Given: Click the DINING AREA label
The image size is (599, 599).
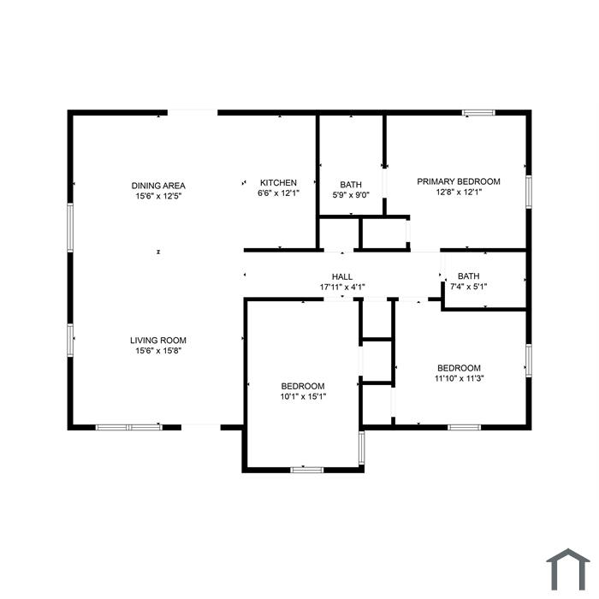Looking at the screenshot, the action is point(158,186).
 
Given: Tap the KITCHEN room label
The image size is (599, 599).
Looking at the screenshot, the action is point(278,182).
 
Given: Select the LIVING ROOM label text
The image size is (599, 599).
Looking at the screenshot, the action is point(158,341).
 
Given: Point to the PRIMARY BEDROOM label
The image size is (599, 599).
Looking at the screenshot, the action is point(459,181).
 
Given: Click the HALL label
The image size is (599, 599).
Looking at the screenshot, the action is point(342,276).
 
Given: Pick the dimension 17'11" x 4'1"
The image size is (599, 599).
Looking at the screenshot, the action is point(342,287).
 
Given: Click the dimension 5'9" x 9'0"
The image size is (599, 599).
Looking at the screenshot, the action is point(351,195).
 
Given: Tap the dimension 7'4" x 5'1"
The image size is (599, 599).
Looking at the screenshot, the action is point(468,287).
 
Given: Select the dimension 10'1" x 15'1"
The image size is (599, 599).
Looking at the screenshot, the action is point(303,396).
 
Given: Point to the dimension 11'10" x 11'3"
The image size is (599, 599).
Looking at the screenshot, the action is point(460,378).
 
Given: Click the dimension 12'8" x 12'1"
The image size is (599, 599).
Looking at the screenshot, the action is point(459,192).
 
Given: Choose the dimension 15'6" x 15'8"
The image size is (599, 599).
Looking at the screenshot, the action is point(158,351).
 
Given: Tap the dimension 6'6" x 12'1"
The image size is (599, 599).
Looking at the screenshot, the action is point(278,193).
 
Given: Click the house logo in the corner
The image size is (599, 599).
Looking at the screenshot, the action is point(568,570).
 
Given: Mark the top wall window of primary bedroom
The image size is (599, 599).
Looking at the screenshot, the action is point(478,113).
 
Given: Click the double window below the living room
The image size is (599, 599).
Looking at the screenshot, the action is point(128,427).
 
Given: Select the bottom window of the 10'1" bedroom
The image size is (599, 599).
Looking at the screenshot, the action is point(306,470).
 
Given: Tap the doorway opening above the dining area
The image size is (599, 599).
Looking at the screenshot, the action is point(193,113).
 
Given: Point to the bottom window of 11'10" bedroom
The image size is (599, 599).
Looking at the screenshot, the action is point(464,427).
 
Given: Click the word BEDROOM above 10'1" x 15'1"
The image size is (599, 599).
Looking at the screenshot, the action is point(303,386).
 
